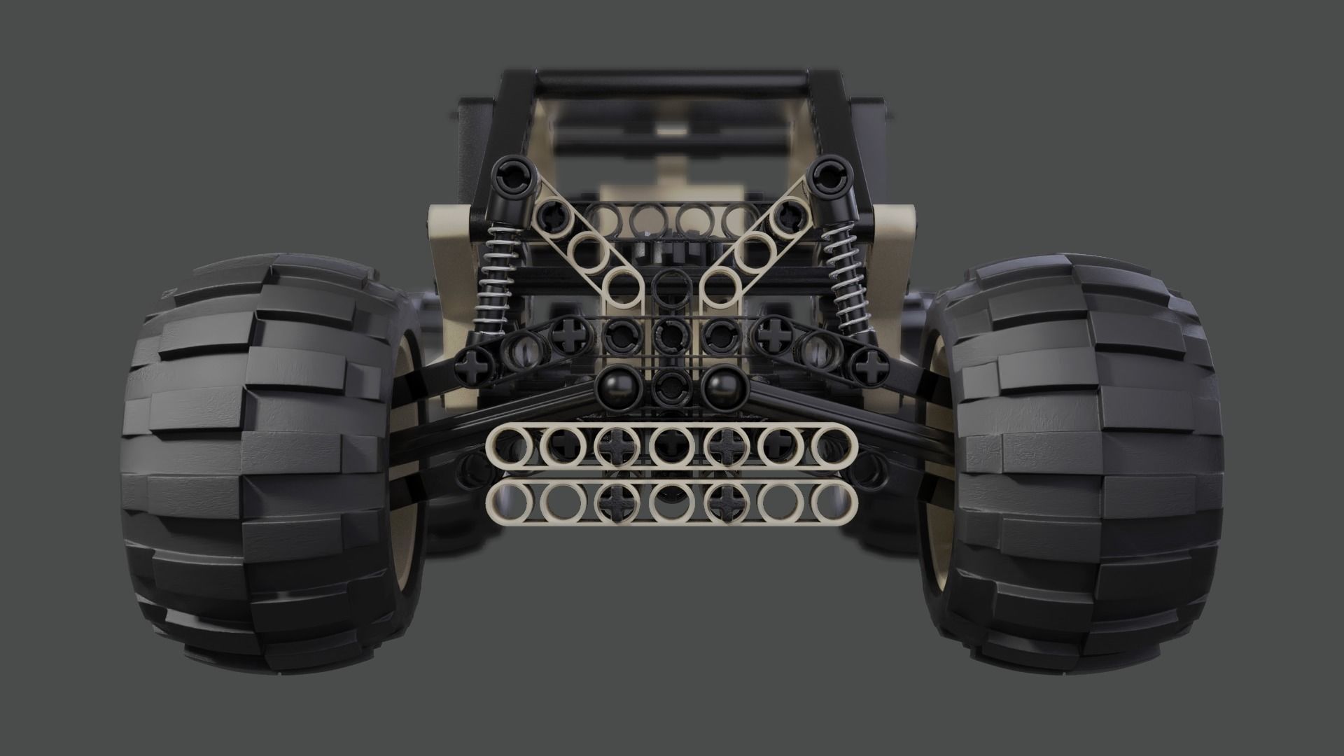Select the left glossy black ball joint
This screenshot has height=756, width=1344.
click(x=617, y=384)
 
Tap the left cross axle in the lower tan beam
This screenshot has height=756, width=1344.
click(x=616, y=503)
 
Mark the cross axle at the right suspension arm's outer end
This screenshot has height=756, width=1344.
click(x=870, y=364)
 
